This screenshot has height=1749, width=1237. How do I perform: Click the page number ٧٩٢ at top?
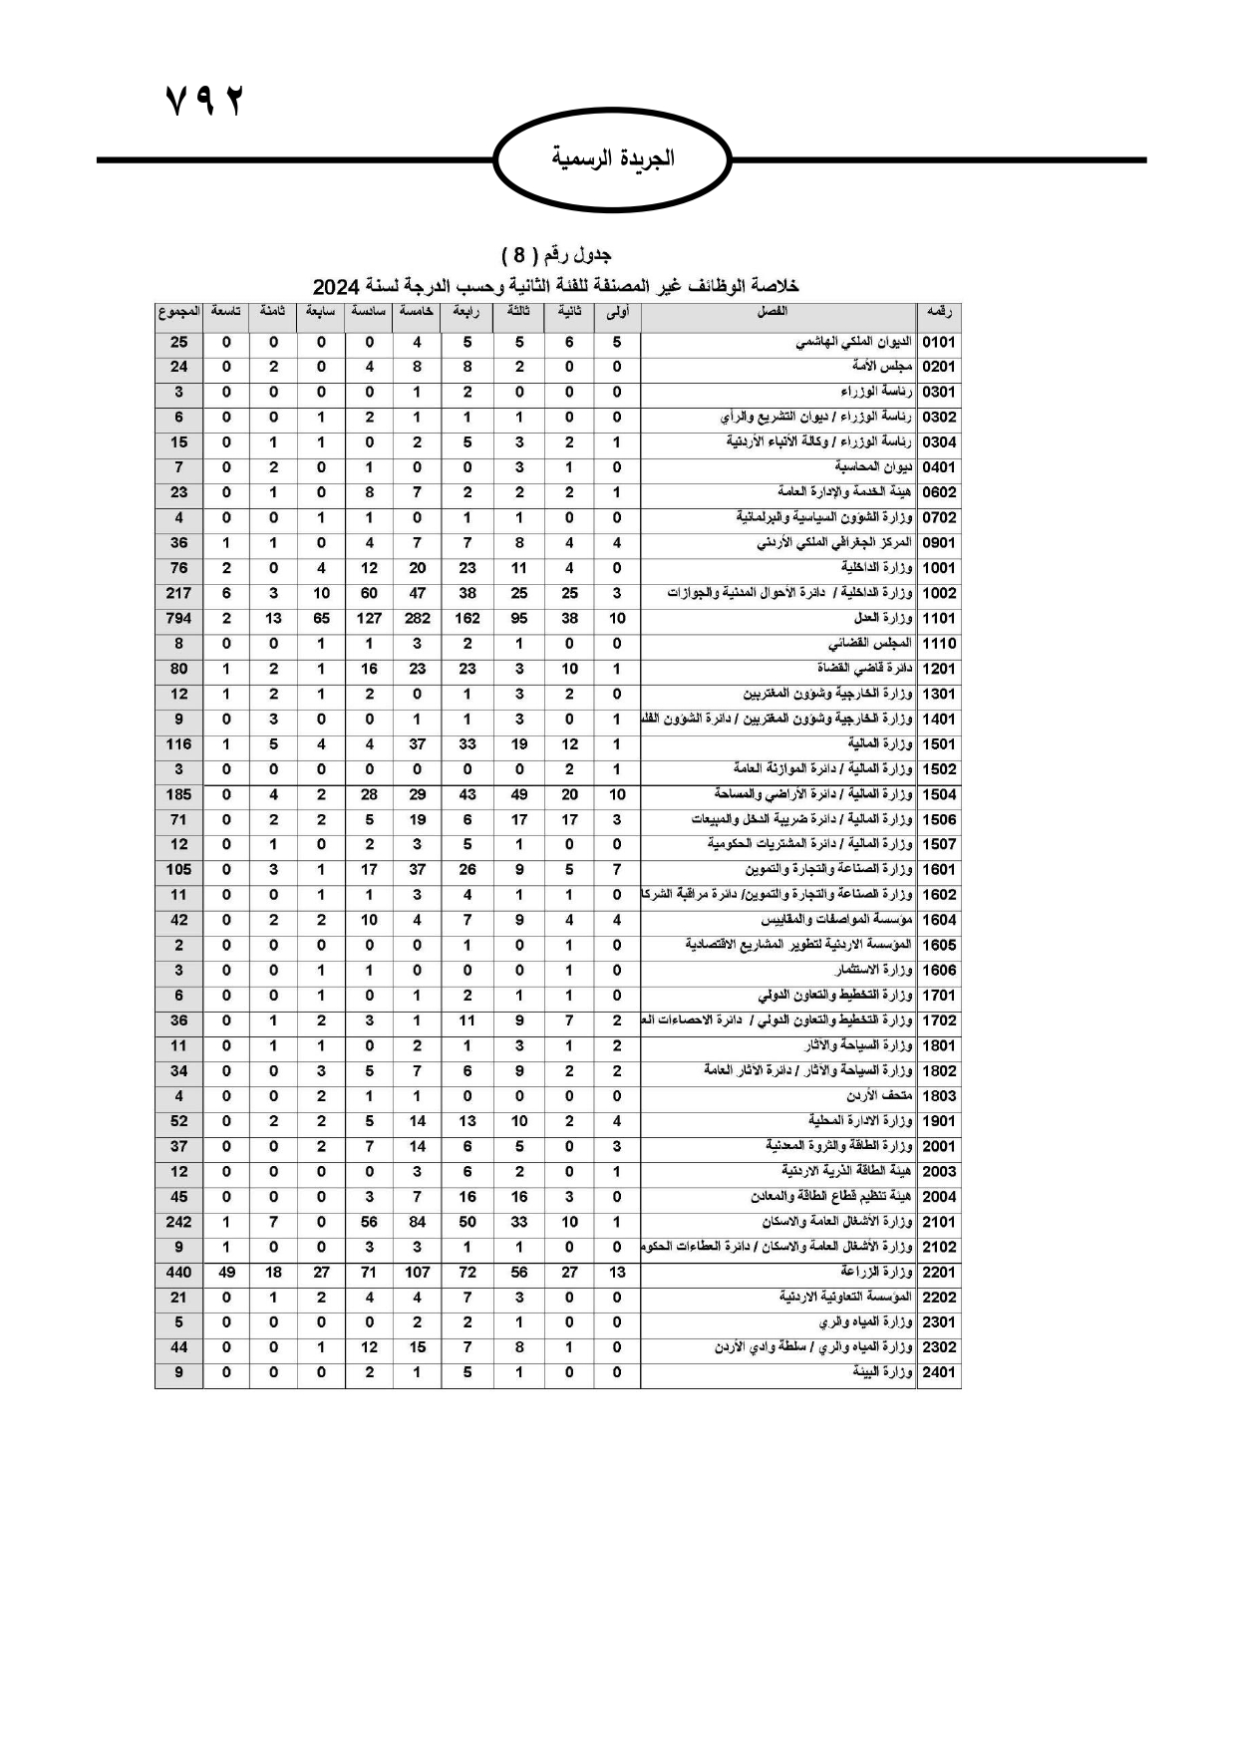click(204, 101)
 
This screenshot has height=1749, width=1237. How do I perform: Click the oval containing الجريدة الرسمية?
click(613, 158)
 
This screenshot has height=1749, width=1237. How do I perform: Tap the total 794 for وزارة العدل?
click(178, 619)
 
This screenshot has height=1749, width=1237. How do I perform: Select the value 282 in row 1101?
click(417, 619)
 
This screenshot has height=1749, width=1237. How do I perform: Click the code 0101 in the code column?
click(939, 342)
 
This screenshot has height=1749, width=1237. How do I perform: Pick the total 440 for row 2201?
click(178, 1273)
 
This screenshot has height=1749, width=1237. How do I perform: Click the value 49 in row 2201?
click(226, 1273)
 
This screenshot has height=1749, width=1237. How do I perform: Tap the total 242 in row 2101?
click(178, 1222)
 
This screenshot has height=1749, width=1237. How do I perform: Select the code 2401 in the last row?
click(939, 1372)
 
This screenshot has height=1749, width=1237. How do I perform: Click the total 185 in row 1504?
click(178, 794)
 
